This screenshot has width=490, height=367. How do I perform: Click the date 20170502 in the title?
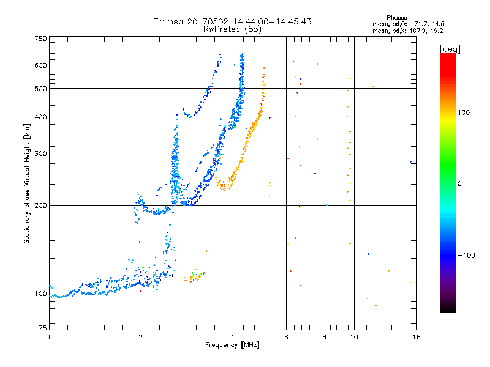(208, 21)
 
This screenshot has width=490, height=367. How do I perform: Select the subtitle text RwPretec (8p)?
(232, 29)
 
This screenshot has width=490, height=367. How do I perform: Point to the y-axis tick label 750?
(40, 39)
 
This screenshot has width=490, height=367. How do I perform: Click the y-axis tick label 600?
(40, 65)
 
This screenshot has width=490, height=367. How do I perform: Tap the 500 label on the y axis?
(40, 89)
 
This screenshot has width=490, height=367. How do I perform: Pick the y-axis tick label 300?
(40, 154)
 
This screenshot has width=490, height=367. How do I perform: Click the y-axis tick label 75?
(43, 328)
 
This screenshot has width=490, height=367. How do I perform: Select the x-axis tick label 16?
(417, 337)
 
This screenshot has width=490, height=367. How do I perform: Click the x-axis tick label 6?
(286, 337)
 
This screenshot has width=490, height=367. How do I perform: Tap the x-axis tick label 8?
(325, 337)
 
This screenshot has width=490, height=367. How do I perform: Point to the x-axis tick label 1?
(49, 337)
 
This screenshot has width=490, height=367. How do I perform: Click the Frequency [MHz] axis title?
(232, 345)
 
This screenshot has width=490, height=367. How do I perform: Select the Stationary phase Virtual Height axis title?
(26, 183)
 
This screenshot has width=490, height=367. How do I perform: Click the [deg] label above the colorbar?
(450, 49)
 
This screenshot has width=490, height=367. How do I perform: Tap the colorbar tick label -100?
(466, 255)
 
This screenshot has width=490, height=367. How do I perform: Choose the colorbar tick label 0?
(459, 184)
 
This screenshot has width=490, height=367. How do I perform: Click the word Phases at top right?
(396, 18)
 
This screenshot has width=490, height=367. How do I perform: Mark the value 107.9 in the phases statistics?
(417, 31)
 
